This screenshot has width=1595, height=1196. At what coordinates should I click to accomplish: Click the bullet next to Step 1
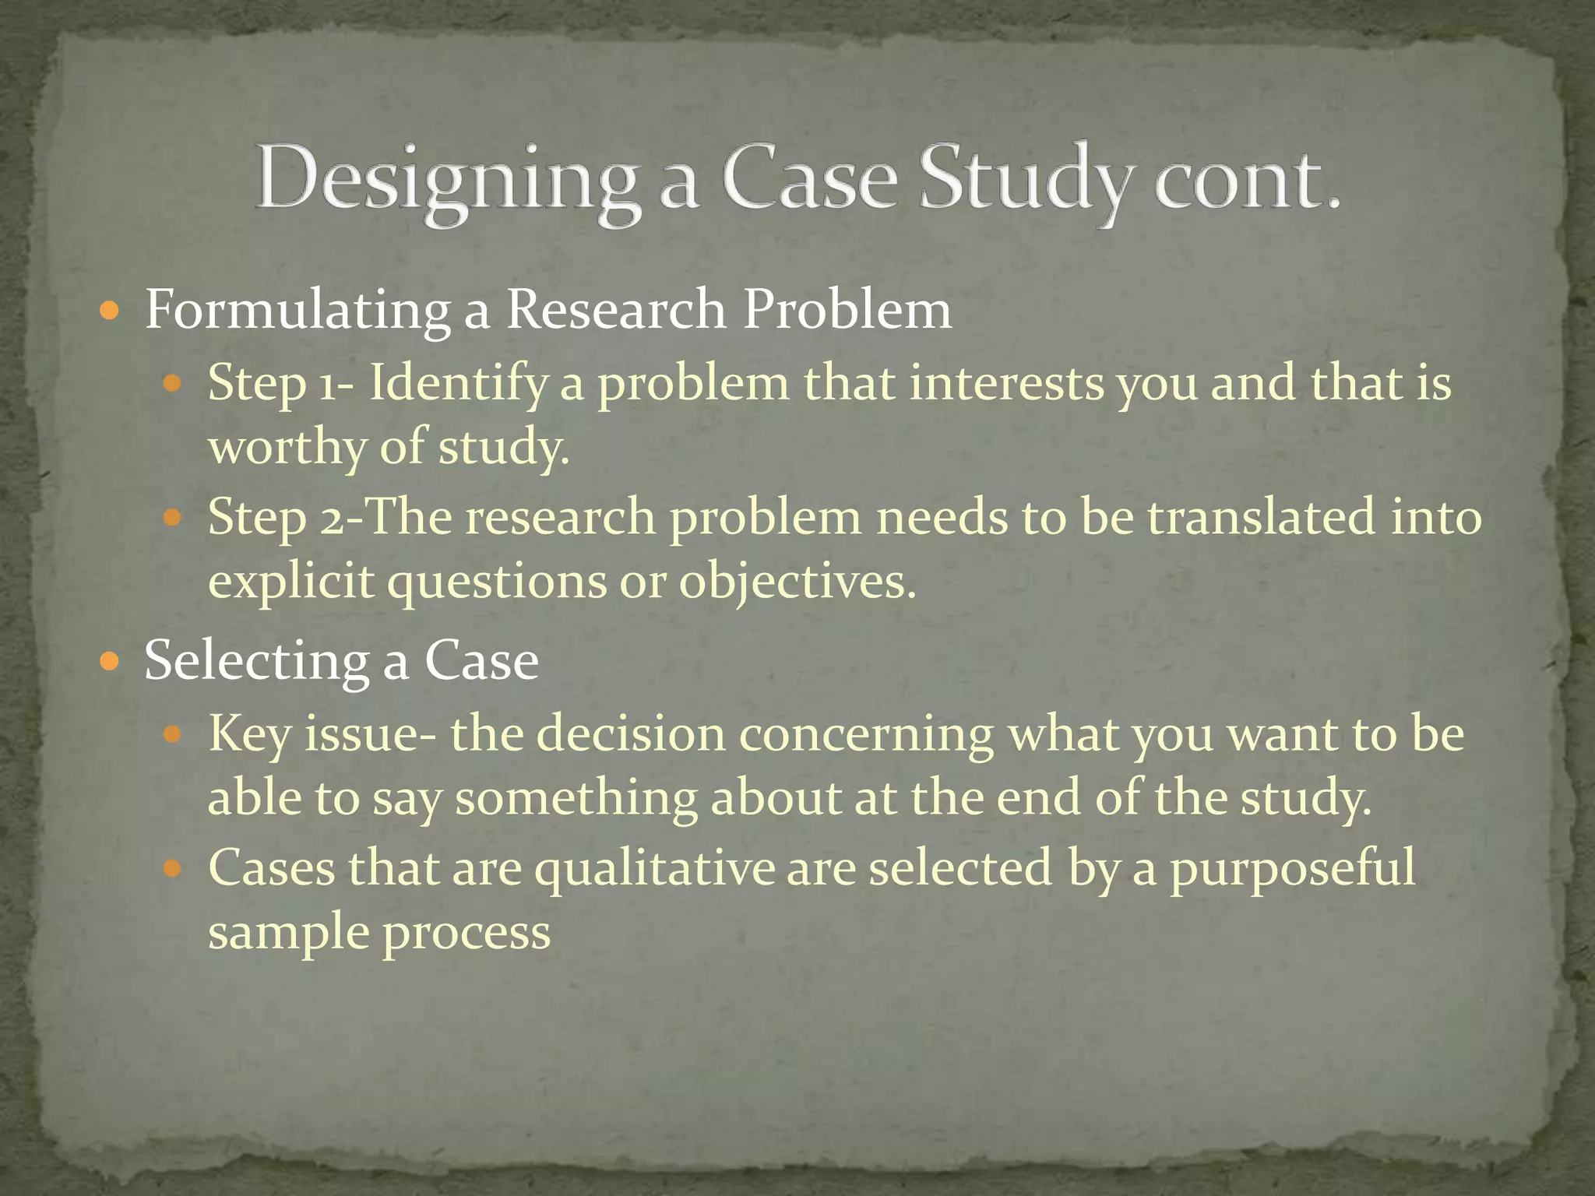click(x=173, y=384)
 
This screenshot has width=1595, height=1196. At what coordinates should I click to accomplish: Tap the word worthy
click(x=287, y=448)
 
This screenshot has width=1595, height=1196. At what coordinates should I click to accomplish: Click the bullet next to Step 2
click(x=173, y=517)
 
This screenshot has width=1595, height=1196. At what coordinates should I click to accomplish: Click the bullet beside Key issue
click(x=173, y=734)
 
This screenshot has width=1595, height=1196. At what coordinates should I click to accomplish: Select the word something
click(x=576, y=799)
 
